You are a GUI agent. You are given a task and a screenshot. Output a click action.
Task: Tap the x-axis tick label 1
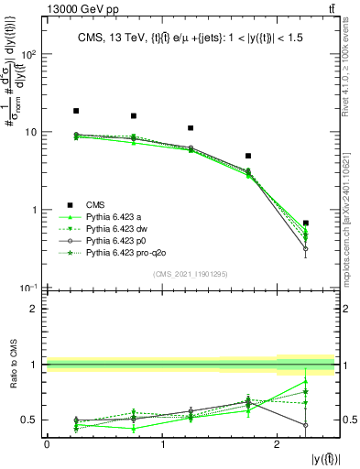[x=162, y=444]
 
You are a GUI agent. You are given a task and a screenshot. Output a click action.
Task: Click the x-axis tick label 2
[x=278, y=444]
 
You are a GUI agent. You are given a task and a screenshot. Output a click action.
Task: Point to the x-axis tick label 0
[x=47, y=444]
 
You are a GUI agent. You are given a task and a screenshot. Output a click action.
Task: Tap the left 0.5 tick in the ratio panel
[x=31, y=420]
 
